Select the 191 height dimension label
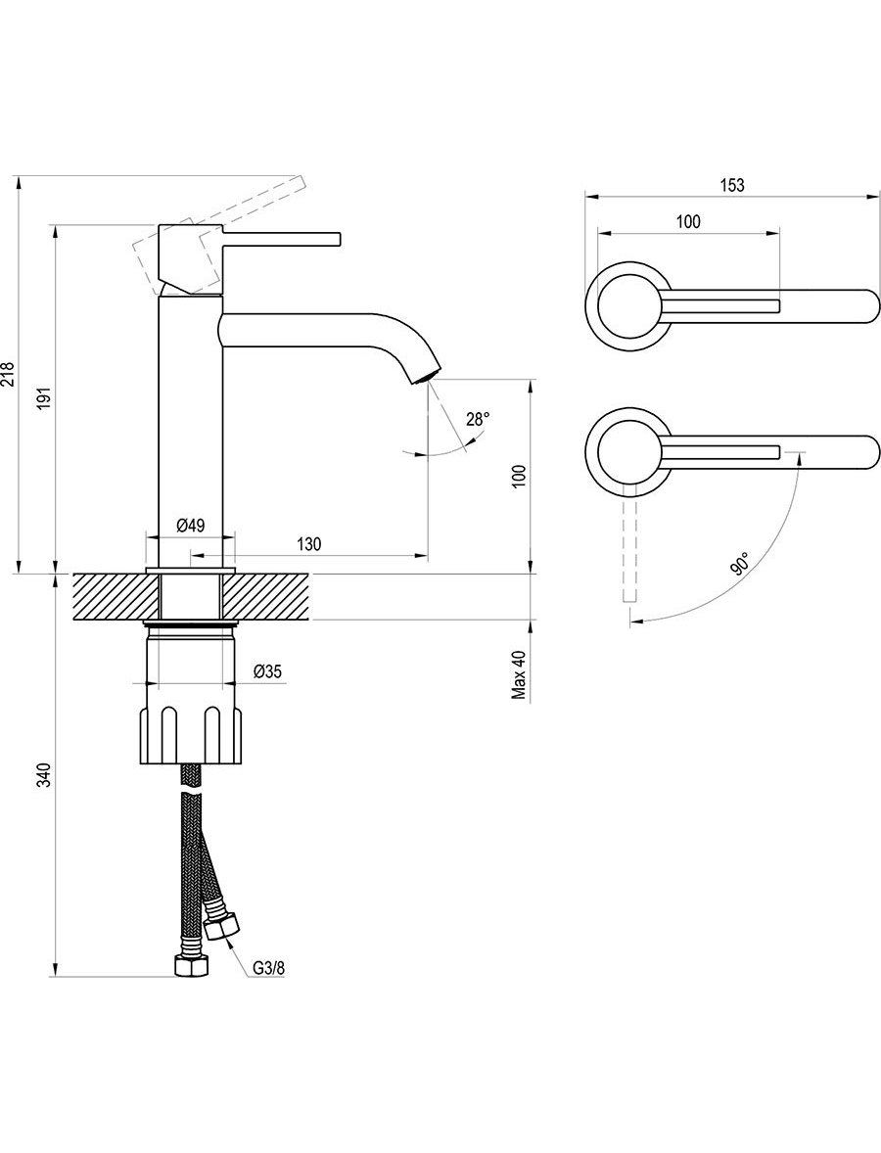click(x=46, y=397)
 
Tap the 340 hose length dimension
click(x=46, y=776)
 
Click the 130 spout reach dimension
click(x=309, y=544)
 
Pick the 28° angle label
click(x=478, y=420)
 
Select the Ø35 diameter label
click(x=267, y=671)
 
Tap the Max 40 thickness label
click(x=520, y=675)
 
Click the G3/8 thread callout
click(x=268, y=968)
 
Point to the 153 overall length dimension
click(x=731, y=185)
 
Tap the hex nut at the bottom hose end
click(x=192, y=965)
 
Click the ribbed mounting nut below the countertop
click(x=191, y=735)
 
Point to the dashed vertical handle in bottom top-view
click(x=629, y=542)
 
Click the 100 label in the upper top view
click(x=687, y=221)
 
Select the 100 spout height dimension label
click(x=520, y=475)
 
